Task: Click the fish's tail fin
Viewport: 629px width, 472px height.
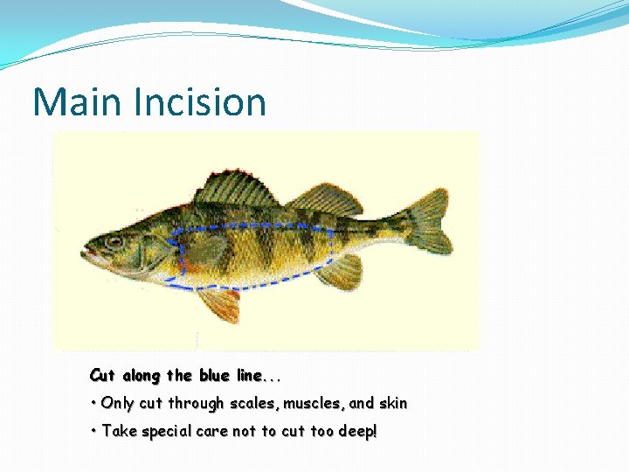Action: (428, 222)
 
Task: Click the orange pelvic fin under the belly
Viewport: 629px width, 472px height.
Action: (218, 303)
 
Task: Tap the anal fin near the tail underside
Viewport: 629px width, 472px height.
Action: (341, 272)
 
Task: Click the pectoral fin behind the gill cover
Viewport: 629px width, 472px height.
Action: (203, 253)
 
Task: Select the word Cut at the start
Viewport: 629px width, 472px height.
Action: (102, 376)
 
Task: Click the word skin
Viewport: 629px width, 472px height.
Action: (392, 404)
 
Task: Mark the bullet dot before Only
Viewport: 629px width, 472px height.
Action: (93, 404)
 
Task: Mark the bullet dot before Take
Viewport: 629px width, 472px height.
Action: (93, 431)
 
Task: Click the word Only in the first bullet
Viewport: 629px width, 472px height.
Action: (117, 404)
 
